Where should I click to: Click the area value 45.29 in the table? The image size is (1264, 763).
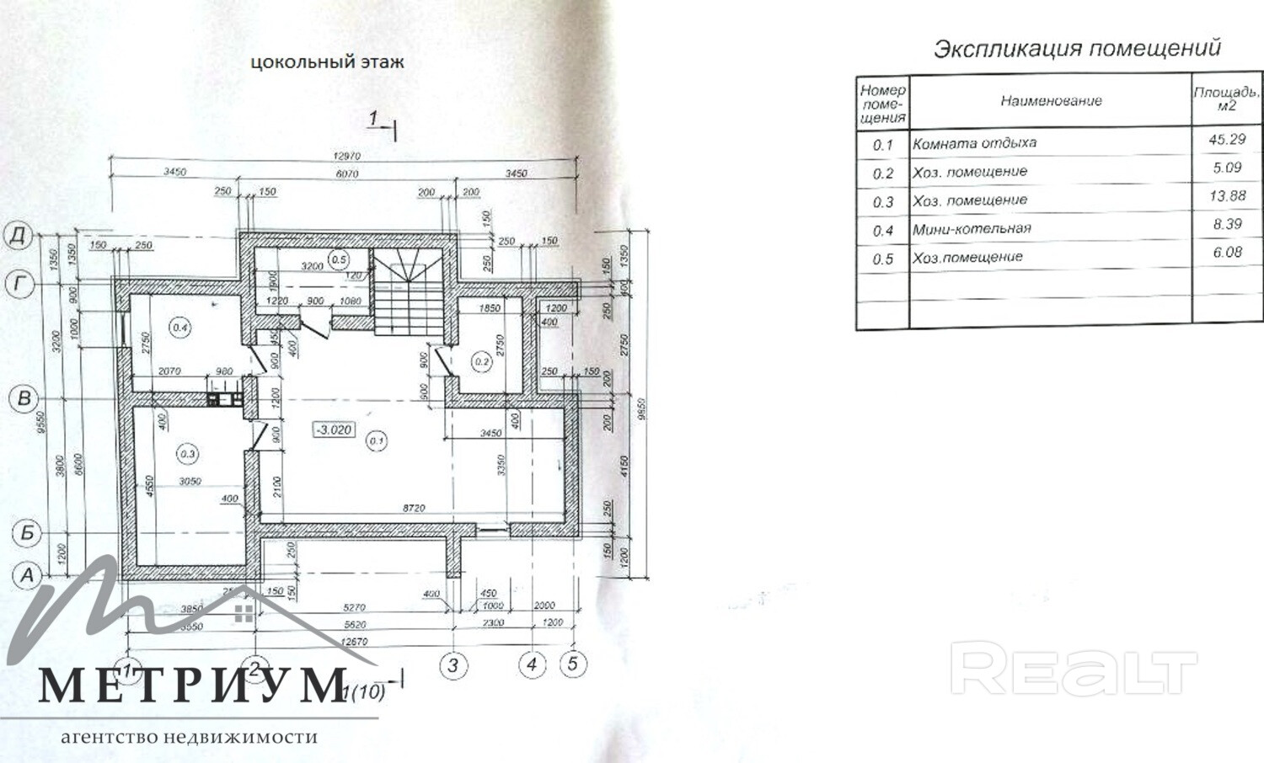pyautogui.click(x=1226, y=140)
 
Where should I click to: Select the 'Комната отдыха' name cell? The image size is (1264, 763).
pyautogui.click(x=974, y=143)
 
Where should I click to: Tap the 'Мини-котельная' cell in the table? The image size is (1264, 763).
pyautogui.click(x=972, y=229)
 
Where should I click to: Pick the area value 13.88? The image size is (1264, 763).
pyautogui.click(x=1226, y=196)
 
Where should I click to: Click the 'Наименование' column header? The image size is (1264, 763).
pyautogui.click(x=1051, y=101)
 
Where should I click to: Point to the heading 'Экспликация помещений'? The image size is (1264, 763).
pyautogui.click(x=1077, y=48)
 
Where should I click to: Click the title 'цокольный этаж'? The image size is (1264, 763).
pyautogui.click(x=327, y=61)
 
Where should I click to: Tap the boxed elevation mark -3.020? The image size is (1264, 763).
pyautogui.click(x=335, y=430)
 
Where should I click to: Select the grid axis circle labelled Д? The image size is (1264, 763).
pyautogui.click(x=19, y=235)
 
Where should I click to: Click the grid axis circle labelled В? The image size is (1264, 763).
pyautogui.click(x=24, y=398)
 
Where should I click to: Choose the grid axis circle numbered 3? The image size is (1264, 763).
pyautogui.click(x=453, y=666)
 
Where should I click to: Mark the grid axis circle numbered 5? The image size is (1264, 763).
pyautogui.click(x=572, y=664)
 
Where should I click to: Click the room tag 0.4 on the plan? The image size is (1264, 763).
pyautogui.click(x=180, y=328)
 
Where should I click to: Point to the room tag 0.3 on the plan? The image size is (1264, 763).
pyautogui.click(x=187, y=455)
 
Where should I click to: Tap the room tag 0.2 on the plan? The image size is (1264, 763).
pyautogui.click(x=481, y=362)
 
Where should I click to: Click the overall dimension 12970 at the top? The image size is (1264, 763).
pyautogui.click(x=346, y=156)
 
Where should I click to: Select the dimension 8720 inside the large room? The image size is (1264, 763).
pyautogui.click(x=414, y=509)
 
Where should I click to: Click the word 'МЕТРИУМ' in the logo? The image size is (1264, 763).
pyautogui.click(x=193, y=685)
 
